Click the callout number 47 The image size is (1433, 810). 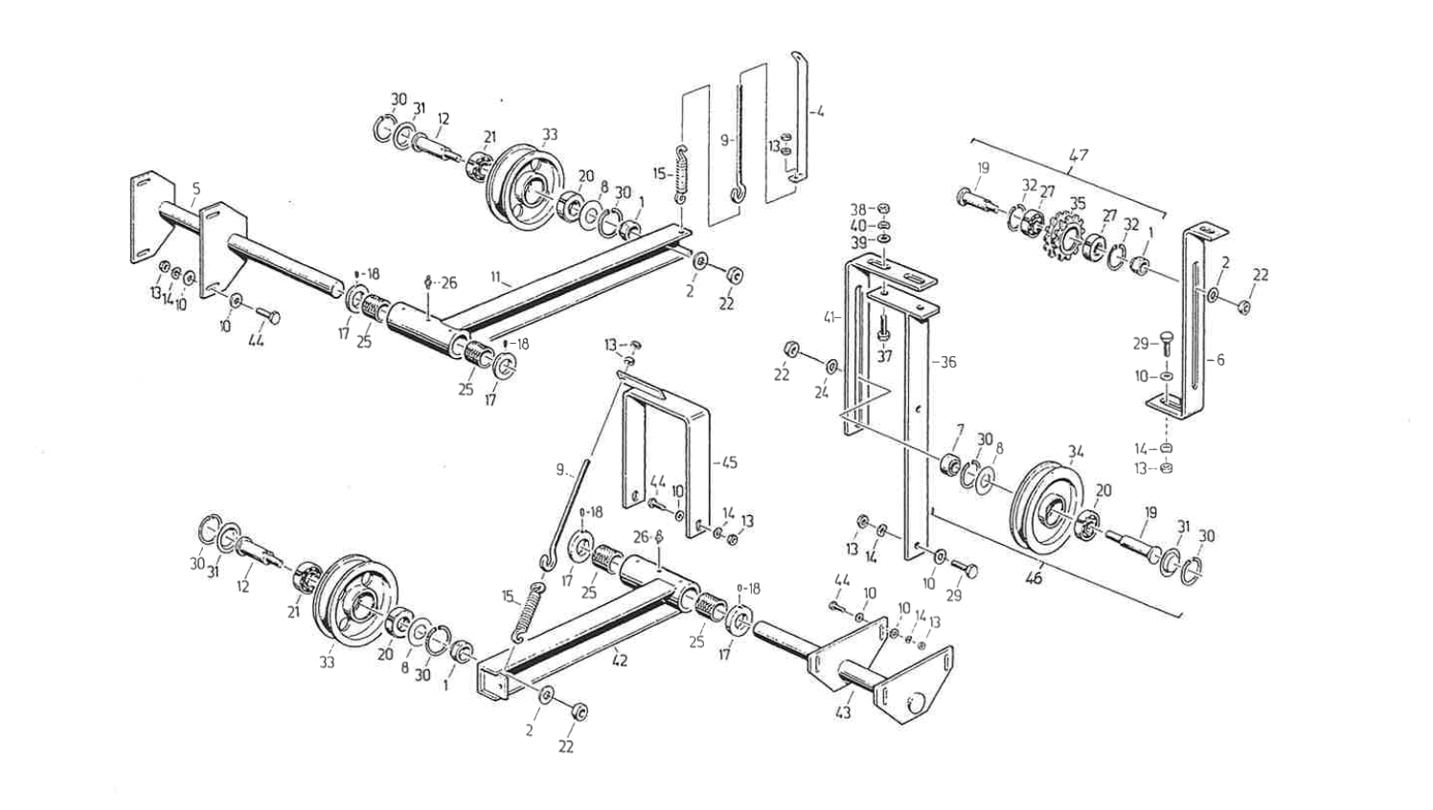pos(1079,155)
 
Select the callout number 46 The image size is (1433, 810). pos(1035,579)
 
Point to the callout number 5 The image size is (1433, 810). pos(195,190)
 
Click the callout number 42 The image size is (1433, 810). pos(620,661)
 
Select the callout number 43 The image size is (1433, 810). pos(844,712)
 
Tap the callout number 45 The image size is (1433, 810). pos(730,463)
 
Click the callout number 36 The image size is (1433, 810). pos(947,363)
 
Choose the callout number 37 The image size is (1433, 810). pos(884,356)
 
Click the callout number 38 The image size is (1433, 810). pos(858,208)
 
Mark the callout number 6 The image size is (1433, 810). pos(1220,360)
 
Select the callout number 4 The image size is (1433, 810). pos(820,112)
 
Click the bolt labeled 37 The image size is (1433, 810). pos(883,327)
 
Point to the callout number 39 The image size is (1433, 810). pos(858,242)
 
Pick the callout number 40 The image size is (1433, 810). pos(858,225)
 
